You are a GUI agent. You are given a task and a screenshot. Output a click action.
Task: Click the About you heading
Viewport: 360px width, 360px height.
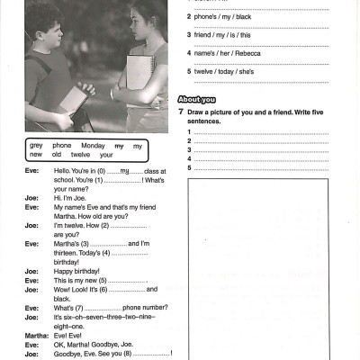click(x=197, y=98)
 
